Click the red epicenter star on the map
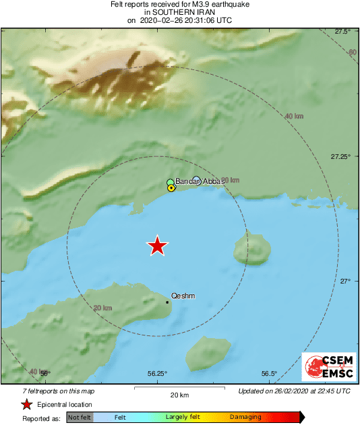coord(157,246)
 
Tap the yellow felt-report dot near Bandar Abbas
coord(171,189)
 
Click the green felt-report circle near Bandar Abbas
coord(171,183)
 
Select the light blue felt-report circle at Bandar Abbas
coord(196,180)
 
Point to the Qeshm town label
coord(184,295)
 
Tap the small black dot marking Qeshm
coord(167,302)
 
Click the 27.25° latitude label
coord(340,156)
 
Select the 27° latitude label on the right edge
coord(344,281)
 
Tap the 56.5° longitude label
coord(269,374)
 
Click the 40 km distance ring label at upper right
coord(294,117)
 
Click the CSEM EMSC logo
coord(328,367)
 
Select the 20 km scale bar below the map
coord(179,389)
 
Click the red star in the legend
coord(26,404)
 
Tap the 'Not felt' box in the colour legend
coord(80,417)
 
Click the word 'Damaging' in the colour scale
coord(245,417)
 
